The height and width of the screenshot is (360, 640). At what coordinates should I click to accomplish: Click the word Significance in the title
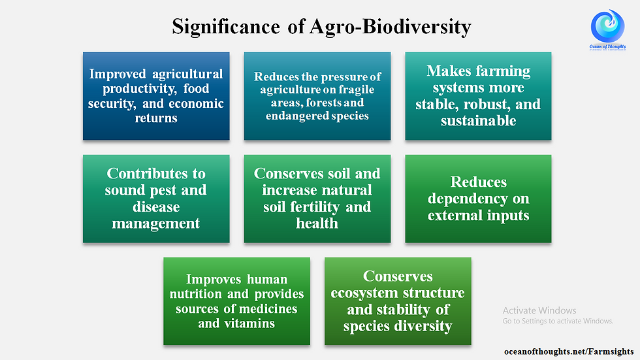[226, 27]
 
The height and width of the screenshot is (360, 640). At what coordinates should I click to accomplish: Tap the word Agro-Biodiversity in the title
[391, 27]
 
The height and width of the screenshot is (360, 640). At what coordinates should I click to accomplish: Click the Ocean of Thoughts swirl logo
[607, 26]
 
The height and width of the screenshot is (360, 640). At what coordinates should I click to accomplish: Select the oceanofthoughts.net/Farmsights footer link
[569, 352]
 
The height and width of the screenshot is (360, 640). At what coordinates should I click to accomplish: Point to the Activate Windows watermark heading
[539, 310]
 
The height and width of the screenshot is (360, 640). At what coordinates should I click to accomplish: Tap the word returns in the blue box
[156, 118]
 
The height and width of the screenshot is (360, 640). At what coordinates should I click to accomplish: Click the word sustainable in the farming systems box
[478, 121]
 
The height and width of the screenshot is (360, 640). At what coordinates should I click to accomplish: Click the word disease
[156, 207]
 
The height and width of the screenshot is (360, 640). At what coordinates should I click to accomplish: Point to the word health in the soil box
[317, 223]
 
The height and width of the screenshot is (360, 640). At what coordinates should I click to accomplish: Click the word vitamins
[249, 323]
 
